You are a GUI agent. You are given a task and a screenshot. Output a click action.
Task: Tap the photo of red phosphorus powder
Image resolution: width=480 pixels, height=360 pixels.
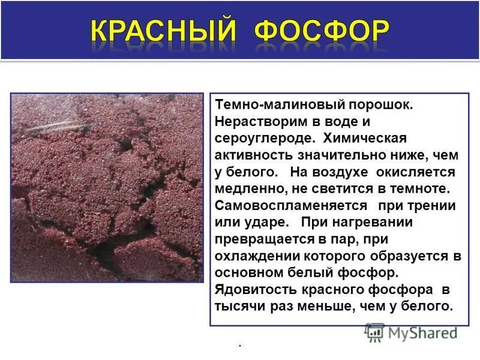[x=107, y=187]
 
